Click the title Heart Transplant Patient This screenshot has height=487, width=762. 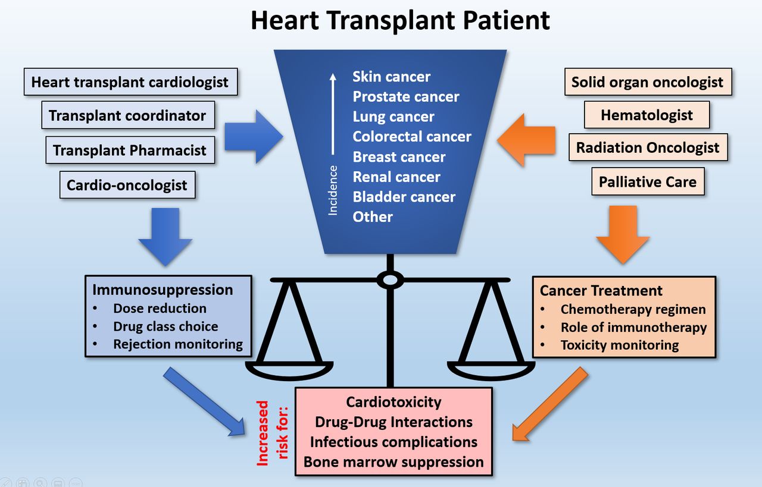tap(399, 20)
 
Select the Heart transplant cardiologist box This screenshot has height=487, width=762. tap(130, 82)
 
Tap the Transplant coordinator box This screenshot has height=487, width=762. tap(127, 115)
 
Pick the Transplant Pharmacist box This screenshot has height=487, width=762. tap(130, 150)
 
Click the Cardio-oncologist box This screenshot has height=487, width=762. tap(127, 185)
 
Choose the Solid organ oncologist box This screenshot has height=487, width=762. tap(647, 82)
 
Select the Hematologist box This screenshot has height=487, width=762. tap(647, 115)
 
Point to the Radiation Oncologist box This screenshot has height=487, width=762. tap(648, 147)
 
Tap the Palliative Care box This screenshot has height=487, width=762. tap(647, 181)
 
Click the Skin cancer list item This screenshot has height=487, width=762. tap(391, 77)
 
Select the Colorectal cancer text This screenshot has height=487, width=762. tap(411, 137)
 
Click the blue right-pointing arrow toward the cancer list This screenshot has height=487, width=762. tap(254, 136)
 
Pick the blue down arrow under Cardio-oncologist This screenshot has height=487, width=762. tap(165, 236)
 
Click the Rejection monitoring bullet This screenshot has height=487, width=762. tap(177, 344)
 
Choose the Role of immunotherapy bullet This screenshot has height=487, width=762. tap(633, 327)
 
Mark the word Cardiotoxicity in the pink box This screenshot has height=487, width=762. tap(394, 402)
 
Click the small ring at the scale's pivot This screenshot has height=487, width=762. tap(391, 279)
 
